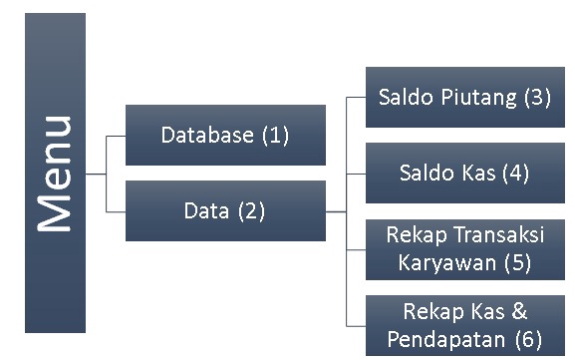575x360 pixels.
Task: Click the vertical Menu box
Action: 56,173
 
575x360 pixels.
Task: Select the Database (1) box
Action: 225,135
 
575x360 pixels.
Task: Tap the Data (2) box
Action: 225,210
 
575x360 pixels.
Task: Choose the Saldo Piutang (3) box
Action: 464,97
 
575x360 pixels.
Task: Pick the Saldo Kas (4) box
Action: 464,173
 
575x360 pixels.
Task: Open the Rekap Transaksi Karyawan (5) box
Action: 464,249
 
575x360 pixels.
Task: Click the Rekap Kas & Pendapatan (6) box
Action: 464,324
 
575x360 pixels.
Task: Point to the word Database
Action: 207,135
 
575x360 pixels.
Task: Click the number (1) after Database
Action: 275,135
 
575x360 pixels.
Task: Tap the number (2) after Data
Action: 251,210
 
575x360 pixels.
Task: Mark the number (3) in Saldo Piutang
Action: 536,98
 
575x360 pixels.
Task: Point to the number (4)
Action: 515,173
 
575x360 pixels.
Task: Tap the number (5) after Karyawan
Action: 516,262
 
